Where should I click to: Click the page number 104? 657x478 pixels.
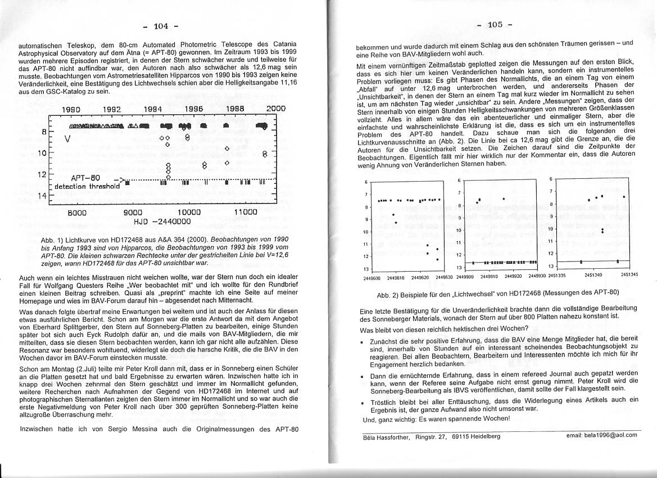click(x=162, y=26)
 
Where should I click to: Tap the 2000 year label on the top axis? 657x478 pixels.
click(x=275, y=108)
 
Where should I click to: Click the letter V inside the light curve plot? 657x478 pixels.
click(x=68, y=138)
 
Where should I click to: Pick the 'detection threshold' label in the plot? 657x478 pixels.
click(x=87, y=186)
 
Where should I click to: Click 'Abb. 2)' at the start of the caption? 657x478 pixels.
click(x=388, y=293)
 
